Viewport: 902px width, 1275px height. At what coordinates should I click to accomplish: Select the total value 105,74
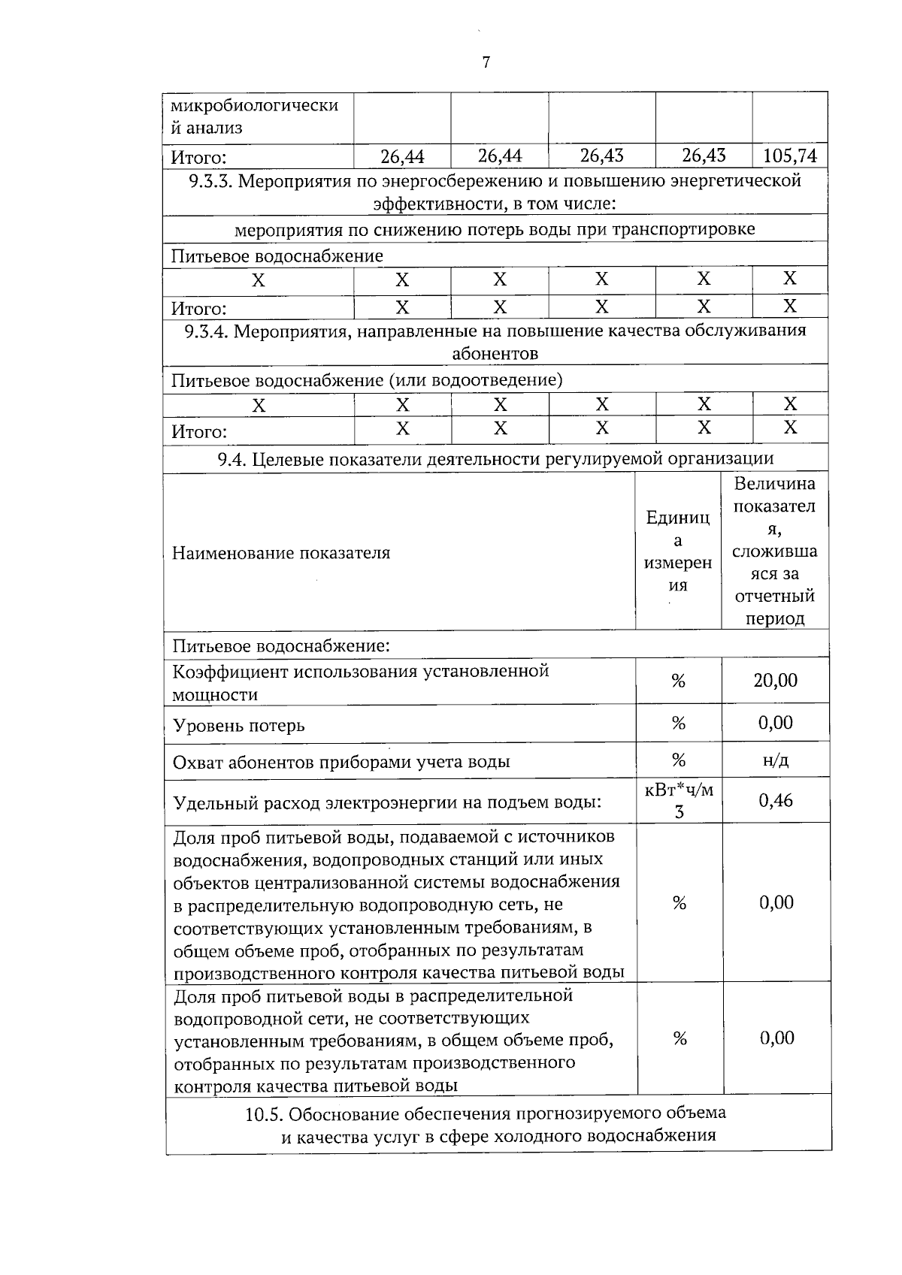coord(789,156)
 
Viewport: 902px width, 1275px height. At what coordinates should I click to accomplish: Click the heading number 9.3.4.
coord(207,331)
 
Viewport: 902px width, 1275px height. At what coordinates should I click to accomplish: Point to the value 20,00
coord(775,681)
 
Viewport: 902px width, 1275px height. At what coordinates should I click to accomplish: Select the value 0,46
coord(775,801)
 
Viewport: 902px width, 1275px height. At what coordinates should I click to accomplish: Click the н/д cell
coord(775,760)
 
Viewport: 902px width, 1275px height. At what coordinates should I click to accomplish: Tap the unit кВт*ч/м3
coord(679,801)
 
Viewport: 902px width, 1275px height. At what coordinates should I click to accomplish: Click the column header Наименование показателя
coord(281,554)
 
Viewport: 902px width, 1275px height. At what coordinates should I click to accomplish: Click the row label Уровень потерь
coord(238,726)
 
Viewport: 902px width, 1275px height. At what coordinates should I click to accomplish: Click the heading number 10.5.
coord(264,1114)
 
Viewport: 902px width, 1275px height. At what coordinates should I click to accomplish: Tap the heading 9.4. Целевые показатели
coord(495,458)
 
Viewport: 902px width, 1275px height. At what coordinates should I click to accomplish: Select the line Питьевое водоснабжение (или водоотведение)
coord(367,380)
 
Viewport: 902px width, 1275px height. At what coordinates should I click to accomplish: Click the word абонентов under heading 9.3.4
coord(495,354)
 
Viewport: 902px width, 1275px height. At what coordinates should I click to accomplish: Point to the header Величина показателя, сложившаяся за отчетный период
coord(775,551)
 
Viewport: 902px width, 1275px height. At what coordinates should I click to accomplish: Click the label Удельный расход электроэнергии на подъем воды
coord(387,803)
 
